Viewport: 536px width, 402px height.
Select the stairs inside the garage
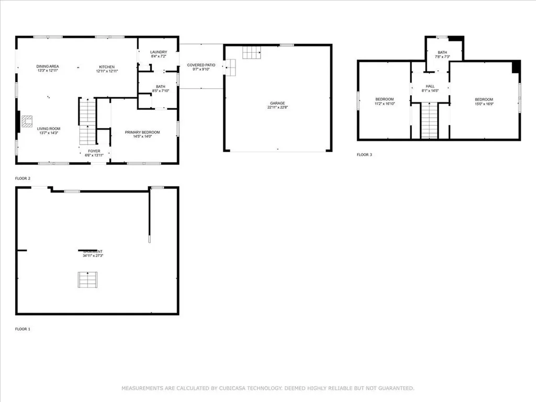(x=251, y=52)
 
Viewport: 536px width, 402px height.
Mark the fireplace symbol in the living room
(x=27, y=121)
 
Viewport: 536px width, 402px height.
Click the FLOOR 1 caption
(x=23, y=329)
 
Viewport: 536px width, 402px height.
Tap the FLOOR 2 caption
(x=23, y=178)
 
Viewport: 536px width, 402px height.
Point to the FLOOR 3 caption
(x=364, y=155)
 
